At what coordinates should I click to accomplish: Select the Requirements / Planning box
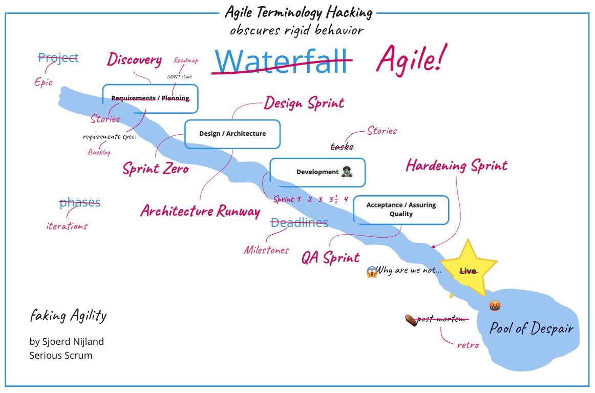click(x=150, y=98)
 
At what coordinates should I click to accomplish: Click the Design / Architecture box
click(x=232, y=134)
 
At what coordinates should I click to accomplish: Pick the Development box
click(x=317, y=172)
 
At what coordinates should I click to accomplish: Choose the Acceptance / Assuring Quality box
click(x=401, y=210)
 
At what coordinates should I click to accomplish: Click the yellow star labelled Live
click(x=468, y=270)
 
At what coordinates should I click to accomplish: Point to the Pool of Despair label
click(x=532, y=328)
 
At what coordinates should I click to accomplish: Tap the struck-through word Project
click(x=58, y=58)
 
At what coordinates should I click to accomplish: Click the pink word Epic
click(x=44, y=82)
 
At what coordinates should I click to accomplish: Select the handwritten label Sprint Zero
click(x=155, y=168)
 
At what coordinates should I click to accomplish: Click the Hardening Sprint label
click(x=456, y=166)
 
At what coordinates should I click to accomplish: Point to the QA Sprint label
click(x=330, y=257)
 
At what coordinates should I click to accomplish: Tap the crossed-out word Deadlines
click(x=299, y=223)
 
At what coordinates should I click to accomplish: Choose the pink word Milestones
click(x=266, y=250)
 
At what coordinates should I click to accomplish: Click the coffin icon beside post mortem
click(x=410, y=320)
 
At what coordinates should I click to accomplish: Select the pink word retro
click(x=468, y=345)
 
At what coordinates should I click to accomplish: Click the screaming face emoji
click(x=372, y=272)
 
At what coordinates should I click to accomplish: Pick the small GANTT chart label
click(x=179, y=77)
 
